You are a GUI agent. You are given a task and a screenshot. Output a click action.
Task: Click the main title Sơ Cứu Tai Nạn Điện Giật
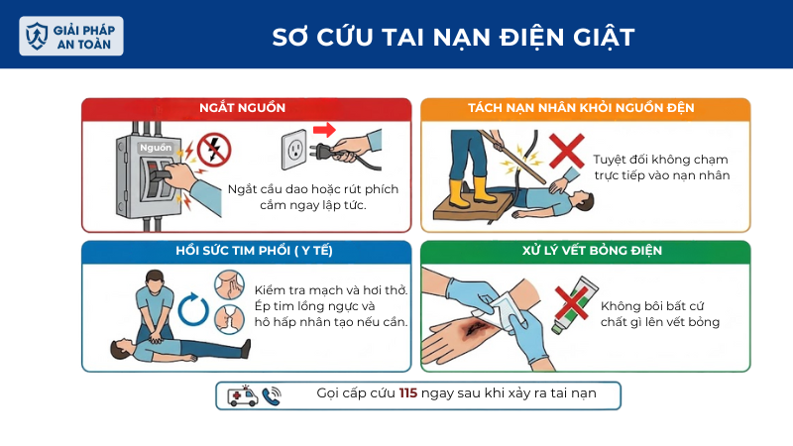click(x=454, y=37)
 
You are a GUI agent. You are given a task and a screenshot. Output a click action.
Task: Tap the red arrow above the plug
click(x=324, y=129)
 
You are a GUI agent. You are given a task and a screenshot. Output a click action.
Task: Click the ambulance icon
click(x=243, y=396)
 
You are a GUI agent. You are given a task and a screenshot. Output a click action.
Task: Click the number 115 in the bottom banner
click(x=408, y=393)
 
